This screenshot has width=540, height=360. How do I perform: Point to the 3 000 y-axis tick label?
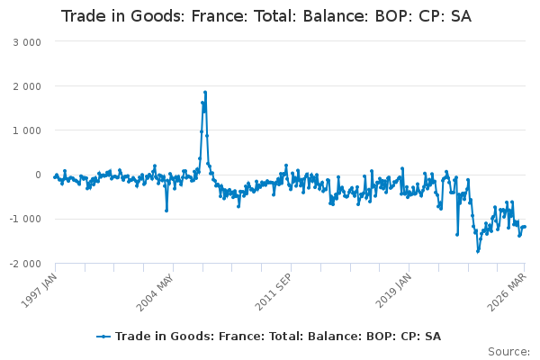click(x=27, y=42)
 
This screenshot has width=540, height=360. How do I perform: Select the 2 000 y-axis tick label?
click(x=27, y=86)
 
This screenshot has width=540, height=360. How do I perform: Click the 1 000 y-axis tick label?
click(x=27, y=130)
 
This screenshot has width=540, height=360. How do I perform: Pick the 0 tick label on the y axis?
click(x=38, y=175)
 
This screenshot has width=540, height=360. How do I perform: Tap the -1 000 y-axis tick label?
click(x=25, y=219)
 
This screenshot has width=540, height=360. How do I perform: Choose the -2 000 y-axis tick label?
click(x=25, y=264)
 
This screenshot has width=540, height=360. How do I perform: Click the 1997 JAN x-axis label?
click(x=39, y=291)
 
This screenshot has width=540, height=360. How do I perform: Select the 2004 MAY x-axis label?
click(x=155, y=292)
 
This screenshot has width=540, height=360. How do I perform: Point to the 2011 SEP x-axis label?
click(x=274, y=292)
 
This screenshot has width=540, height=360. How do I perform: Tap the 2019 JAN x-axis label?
click(x=393, y=291)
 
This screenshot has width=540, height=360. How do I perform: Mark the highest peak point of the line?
click(x=205, y=93)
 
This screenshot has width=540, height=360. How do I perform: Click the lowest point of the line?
click(x=478, y=251)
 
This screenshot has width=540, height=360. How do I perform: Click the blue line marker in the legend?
click(x=103, y=337)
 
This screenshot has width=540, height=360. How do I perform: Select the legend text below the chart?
click(x=278, y=337)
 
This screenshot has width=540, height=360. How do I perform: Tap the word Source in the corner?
click(x=508, y=352)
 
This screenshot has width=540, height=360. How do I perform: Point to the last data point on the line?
click(x=525, y=226)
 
